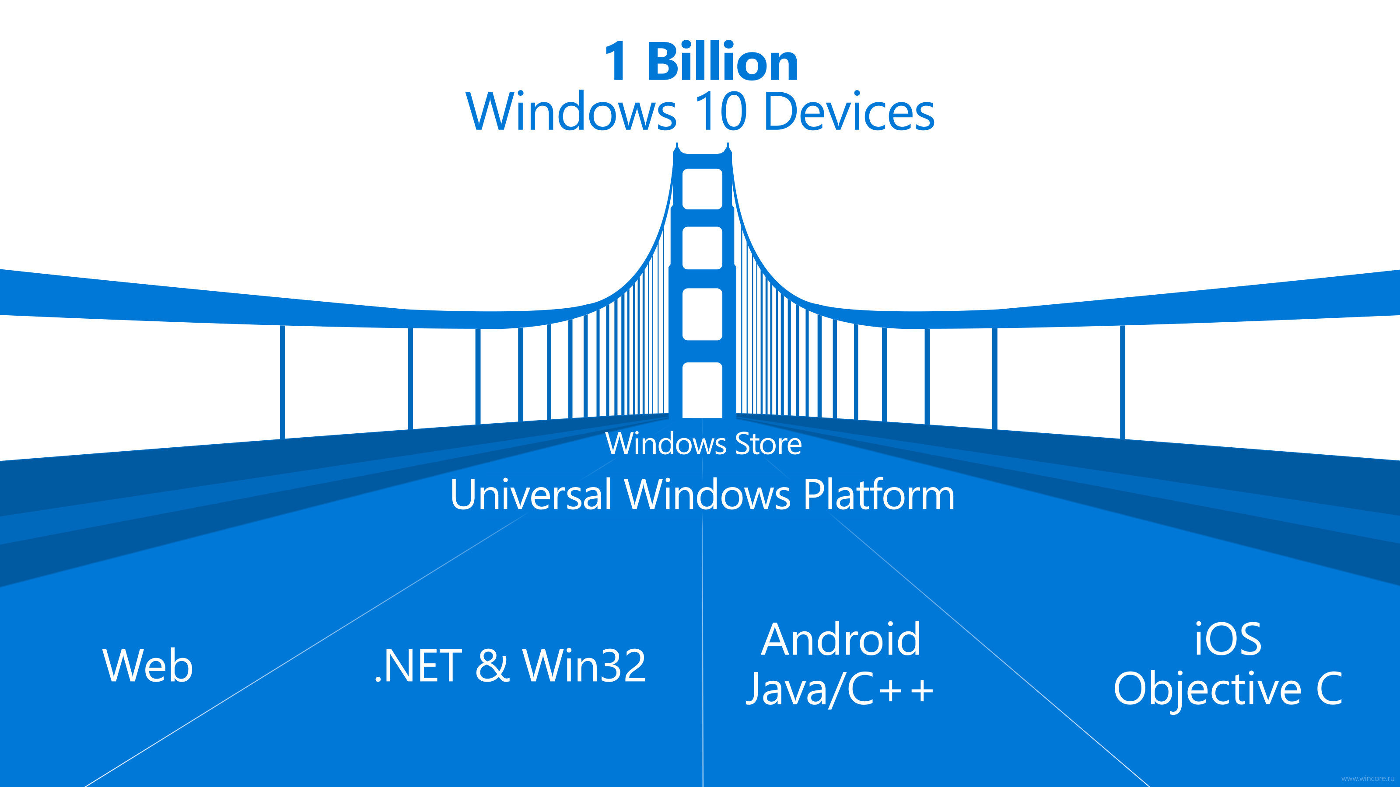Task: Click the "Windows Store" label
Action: pos(703,443)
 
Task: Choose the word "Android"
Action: pos(841,639)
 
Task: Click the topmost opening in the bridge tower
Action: pos(702,189)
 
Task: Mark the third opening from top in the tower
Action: pos(702,314)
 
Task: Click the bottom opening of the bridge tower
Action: pos(702,390)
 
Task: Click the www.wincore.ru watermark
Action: pos(1367,778)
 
